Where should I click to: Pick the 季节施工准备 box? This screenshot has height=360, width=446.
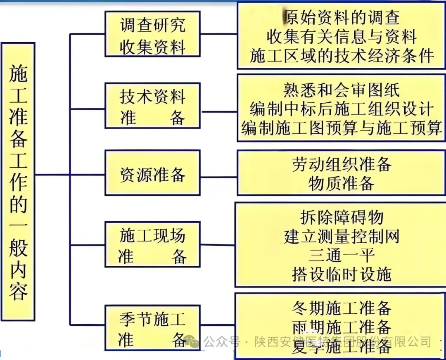click(x=152, y=328)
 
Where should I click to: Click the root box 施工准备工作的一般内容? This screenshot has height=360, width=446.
click(x=18, y=181)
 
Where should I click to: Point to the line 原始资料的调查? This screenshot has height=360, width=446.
click(x=341, y=17)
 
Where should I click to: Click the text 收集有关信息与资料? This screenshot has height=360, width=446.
click(x=341, y=37)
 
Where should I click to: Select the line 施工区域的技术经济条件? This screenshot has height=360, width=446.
click(x=341, y=56)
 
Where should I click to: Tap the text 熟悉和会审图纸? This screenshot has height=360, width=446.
click(x=341, y=90)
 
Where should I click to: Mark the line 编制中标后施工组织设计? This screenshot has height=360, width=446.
click(x=341, y=109)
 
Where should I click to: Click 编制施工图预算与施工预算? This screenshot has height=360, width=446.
click(x=341, y=128)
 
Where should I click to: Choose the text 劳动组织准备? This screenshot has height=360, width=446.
click(x=341, y=164)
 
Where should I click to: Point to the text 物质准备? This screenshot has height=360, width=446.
click(x=341, y=183)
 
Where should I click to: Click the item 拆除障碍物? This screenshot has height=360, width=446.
click(x=341, y=217)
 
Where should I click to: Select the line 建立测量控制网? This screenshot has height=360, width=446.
click(x=341, y=236)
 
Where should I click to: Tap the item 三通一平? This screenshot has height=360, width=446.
click(x=341, y=255)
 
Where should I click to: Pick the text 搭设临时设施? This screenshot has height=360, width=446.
click(x=341, y=274)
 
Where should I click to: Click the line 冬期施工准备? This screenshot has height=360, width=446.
click(x=341, y=308)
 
